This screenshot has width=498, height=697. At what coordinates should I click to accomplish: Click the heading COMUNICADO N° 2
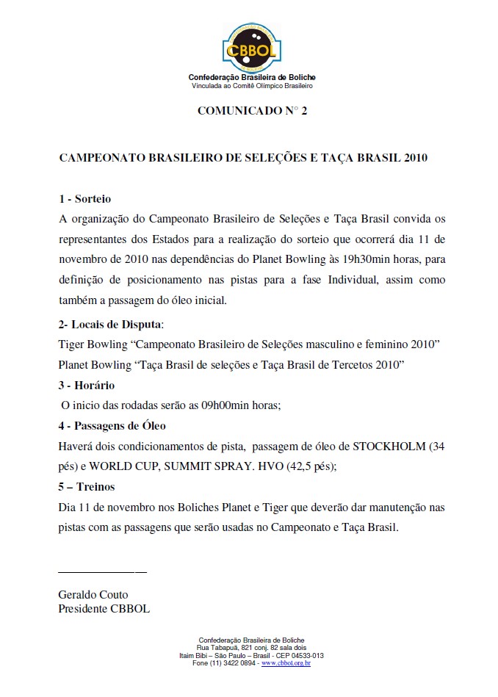pos(252,111)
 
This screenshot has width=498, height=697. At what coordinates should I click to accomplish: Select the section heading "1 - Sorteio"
pos(84,199)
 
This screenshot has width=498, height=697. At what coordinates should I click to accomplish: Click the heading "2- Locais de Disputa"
pos(110,324)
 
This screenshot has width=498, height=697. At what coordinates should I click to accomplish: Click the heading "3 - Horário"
pos(87,385)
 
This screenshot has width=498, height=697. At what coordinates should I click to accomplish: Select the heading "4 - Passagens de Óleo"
pos(112,426)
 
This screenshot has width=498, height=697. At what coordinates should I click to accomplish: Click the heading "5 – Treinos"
pos(87,487)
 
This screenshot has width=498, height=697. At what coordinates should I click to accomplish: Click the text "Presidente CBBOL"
pos(104,608)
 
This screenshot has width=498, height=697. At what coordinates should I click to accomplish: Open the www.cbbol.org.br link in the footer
pos(286,663)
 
